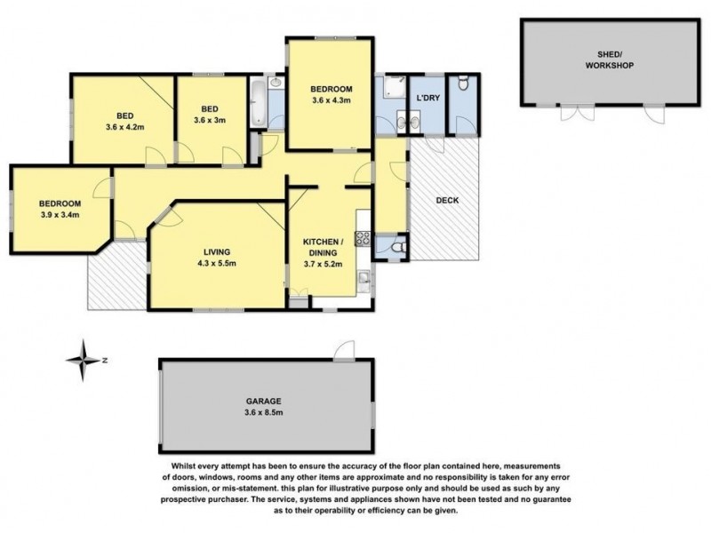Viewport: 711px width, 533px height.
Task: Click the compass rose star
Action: tap(83, 361)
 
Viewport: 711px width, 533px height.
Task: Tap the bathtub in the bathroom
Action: tap(259, 103)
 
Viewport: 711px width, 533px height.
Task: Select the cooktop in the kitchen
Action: tap(363, 238)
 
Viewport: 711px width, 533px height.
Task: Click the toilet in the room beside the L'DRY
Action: tap(463, 83)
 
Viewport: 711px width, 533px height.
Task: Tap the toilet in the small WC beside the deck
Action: tap(399, 248)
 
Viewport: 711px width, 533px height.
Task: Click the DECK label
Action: tap(447, 201)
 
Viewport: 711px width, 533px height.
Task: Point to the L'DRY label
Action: tap(428, 98)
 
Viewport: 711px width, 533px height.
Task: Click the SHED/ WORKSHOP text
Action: tap(610, 60)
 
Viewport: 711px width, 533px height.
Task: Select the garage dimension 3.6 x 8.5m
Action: tap(263, 412)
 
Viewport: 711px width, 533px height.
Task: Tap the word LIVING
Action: tap(217, 252)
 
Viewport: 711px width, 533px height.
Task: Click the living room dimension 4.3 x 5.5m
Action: tap(217, 263)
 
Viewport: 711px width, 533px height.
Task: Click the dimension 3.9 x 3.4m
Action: tap(60, 215)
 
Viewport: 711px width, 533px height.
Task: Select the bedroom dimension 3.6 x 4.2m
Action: tap(125, 127)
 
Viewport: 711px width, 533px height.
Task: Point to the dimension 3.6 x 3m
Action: tap(210, 120)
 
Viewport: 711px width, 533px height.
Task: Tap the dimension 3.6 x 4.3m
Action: tap(332, 100)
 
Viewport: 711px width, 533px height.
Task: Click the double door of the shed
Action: tap(577, 112)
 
